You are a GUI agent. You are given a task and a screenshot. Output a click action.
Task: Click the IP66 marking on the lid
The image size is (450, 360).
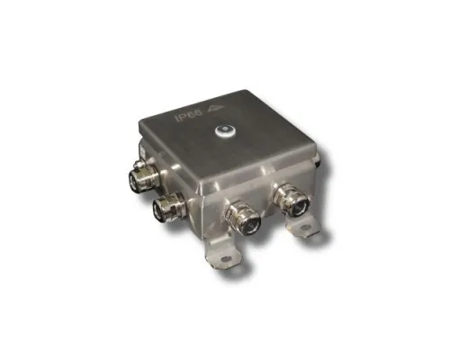pos(189,116)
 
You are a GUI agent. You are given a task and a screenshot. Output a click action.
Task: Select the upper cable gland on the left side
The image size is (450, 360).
pos(142,177)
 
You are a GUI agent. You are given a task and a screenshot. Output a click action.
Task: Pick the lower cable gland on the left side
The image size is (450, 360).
pos(169,208)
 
